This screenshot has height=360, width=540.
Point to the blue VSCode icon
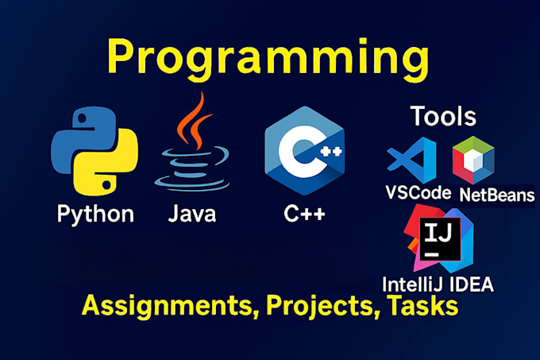(x=412, y=160)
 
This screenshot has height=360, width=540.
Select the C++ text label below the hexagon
(x=305, y=215)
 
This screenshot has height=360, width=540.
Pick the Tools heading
(x=443, y=116)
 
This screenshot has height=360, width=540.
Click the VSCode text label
(x=418, y=192)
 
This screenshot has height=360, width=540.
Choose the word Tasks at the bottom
(x=420, y=307)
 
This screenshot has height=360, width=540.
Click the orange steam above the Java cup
(x=188, y=119)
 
